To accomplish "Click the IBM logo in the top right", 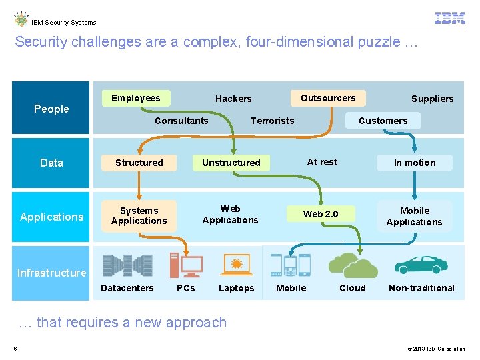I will (449, 18).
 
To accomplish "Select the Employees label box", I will (136, 98).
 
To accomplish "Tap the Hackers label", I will (233, 99).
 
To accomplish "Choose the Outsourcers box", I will (328, 98).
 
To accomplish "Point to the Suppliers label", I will (432, 99).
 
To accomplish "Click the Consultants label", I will (181, 121).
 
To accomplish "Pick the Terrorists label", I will (272, 121).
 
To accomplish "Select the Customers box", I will (383, 121).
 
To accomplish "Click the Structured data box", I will (139, 163).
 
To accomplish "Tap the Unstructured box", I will (231, 163).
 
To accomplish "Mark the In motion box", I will (415, 163).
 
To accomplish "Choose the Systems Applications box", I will (139, 215).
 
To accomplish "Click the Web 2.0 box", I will (321, 214).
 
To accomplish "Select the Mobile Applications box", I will (414, 216).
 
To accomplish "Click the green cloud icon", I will (353, 265).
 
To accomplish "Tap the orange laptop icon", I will (236, 265).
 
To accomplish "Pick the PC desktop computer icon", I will (186, 265).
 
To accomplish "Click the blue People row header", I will (51, 109).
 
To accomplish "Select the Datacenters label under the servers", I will (127, 288).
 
